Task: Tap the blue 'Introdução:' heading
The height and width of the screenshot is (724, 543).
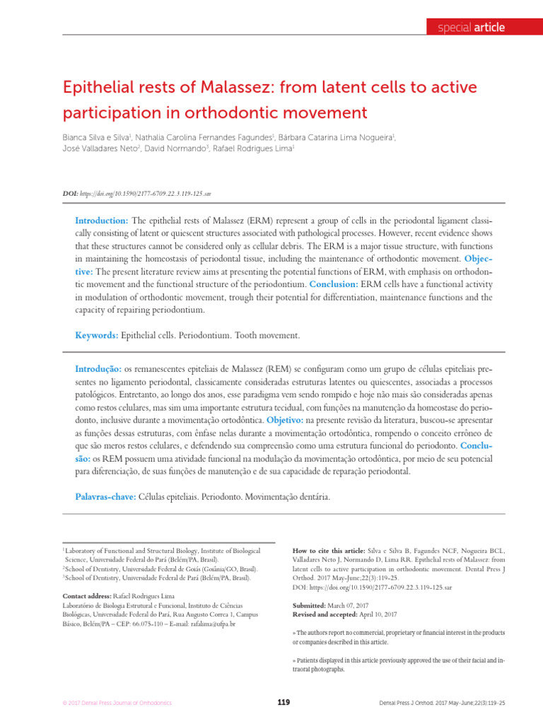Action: pyautogui.click(x=98, y=370)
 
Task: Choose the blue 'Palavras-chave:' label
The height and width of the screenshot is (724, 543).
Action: pyautogui.click(x=105, y=497)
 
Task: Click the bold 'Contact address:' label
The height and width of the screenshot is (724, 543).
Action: pyautogui.click(x=90, y=595)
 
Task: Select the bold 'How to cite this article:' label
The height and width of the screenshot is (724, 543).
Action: pyautogui.click(x=328, y=550)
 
